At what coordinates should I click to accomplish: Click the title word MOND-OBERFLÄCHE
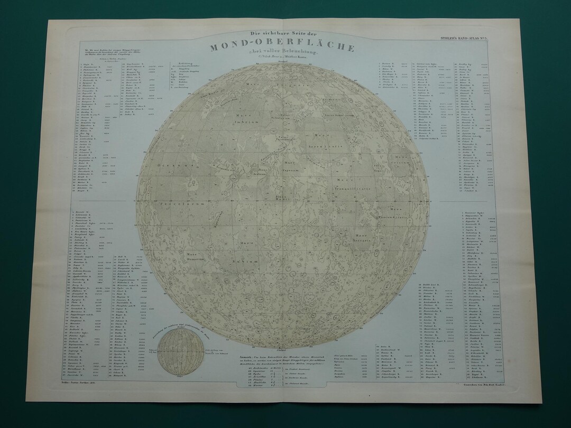point(282,47)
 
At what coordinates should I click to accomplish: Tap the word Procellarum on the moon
point(170,202)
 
